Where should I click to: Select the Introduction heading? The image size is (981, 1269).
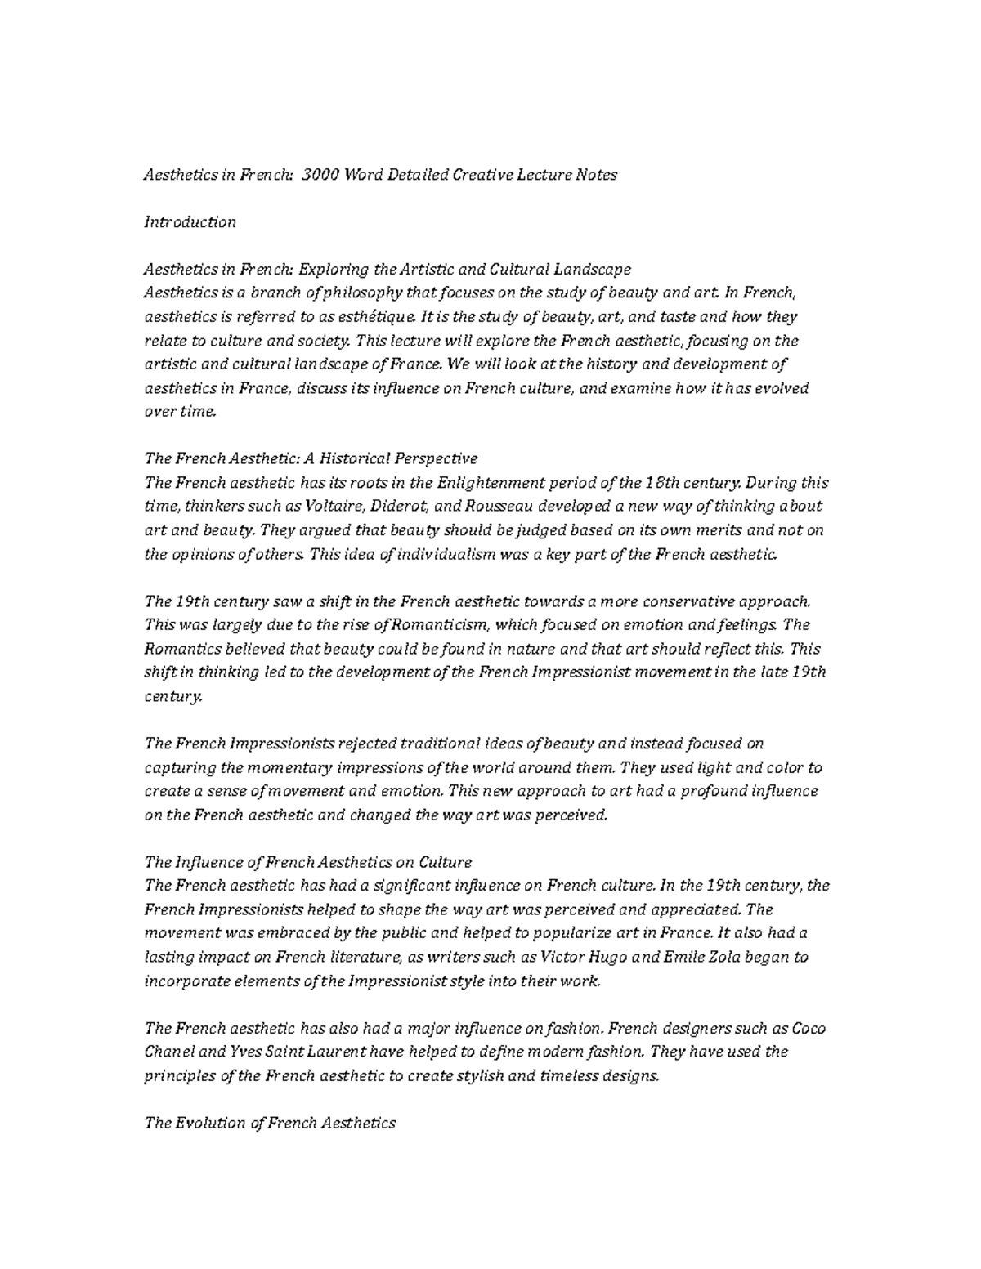[x=190, y=222]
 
